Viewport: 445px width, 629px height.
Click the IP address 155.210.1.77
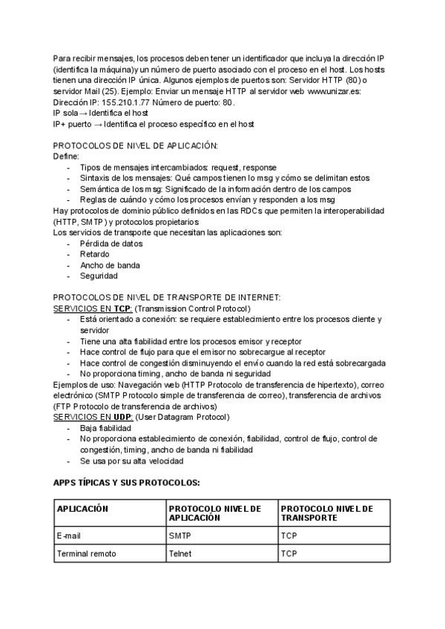113,102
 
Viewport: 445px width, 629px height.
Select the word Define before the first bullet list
66,157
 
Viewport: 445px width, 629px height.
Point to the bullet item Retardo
94,254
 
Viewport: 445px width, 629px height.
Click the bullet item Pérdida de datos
111,243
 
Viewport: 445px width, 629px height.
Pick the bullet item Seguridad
99,276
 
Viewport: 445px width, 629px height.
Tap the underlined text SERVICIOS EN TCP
92,308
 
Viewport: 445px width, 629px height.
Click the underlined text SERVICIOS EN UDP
93,417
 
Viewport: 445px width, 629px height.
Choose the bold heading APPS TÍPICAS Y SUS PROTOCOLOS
127,482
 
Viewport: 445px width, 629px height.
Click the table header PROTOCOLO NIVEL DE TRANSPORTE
327,513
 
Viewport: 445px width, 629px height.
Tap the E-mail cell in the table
69,534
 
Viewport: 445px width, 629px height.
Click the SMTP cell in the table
179,534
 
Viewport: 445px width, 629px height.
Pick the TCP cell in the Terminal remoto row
289,553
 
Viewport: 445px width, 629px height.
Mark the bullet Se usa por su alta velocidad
131,461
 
